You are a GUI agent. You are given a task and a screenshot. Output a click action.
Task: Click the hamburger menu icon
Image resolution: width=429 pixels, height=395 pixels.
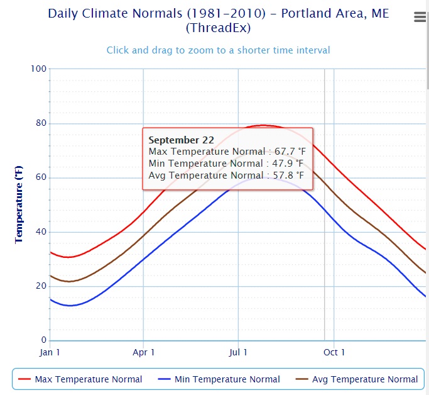pos(420,18)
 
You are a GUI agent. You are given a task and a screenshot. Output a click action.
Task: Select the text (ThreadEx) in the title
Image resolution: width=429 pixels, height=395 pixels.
pos(218,28)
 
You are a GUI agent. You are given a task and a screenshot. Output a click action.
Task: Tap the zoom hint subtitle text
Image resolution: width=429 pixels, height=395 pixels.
pos(218,50)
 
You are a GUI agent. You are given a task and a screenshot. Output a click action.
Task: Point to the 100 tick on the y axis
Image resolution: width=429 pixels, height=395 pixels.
pos(39,69)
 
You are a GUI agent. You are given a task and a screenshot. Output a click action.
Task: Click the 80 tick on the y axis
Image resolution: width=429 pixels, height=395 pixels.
pos(41,123)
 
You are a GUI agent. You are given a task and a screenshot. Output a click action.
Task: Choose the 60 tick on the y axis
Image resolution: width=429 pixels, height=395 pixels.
pos(41,177)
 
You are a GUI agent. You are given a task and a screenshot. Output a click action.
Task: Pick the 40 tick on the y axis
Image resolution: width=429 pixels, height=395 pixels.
pos(41,232)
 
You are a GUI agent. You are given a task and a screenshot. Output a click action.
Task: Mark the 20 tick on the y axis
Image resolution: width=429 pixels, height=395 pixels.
pos(41,286)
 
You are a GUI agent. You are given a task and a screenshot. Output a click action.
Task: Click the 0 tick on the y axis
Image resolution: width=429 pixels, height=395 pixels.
pos(43,341)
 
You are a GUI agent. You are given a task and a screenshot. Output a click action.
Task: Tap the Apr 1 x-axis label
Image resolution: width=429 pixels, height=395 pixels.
pos(144,352)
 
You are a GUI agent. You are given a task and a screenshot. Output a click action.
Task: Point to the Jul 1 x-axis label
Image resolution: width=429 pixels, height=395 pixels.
pos(238,352)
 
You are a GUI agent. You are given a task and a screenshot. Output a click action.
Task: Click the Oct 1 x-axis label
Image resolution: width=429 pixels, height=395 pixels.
pos(334,352)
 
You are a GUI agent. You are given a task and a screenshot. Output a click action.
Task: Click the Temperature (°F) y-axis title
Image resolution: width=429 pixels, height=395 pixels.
pos(19,204)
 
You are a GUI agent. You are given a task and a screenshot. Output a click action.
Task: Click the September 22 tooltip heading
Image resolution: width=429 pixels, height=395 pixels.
pos(181,140)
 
